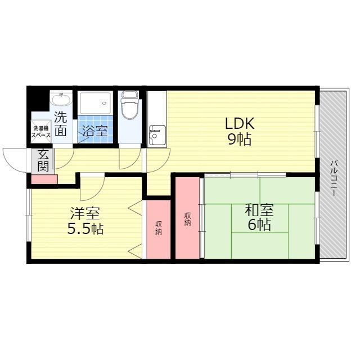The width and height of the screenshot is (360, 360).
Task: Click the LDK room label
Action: (x=240, y=124)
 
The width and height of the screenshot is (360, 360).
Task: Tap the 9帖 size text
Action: (x=240, y=139)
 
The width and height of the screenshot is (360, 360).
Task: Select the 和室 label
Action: (x=259, y=210)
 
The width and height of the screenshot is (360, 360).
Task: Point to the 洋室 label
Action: (x=85, y=213)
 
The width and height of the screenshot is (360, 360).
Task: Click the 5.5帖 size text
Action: (x=85, y=228)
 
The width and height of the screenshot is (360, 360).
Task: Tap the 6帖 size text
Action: (x=259, y=225)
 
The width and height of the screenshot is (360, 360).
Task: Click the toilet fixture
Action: (x=130, y=105)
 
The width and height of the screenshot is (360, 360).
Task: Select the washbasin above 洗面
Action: (x=61, y=100)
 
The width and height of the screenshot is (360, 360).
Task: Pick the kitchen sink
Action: (x=157, y=136)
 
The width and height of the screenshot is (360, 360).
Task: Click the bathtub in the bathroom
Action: (x=95, y=103)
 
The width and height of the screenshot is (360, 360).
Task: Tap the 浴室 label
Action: (x=95, y=130)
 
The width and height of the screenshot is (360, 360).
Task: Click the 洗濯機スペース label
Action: (x=40, y=132)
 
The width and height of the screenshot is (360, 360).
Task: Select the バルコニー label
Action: (x=334, y=178)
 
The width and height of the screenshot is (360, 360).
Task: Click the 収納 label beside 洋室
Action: (x=159, y=228)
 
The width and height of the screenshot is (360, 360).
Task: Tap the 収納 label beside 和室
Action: (x=187, y=219)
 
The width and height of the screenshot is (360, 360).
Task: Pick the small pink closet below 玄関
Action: (x=44, y=179)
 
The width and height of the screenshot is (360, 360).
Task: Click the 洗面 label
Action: (x=61, y=124)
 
